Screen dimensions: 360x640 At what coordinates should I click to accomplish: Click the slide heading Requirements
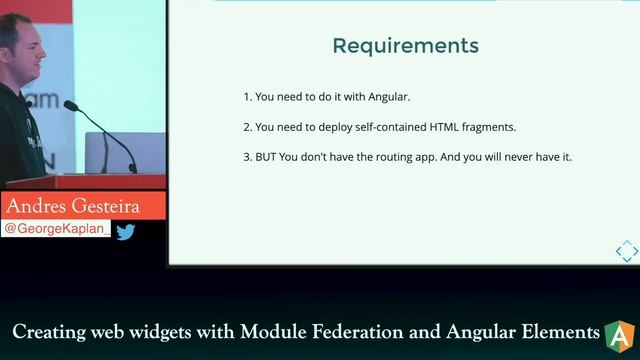(x=405, y=46)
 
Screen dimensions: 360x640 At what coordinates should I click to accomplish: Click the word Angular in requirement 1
(x=390, y=97)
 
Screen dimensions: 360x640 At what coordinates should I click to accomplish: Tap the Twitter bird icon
(x=125, y=231)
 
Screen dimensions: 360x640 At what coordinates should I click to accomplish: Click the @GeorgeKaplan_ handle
(x=56, y=229)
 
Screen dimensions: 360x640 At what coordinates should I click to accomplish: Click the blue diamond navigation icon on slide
(x=626, y=250)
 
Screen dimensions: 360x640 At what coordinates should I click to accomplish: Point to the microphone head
(x=70, y=105)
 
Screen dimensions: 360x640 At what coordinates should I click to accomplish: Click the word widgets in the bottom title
(x=148, y=332)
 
